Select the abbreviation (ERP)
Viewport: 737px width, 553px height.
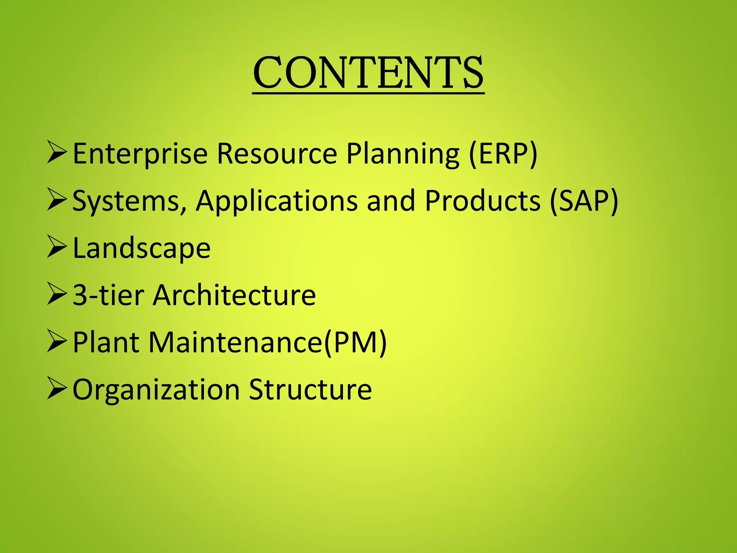(503, 154)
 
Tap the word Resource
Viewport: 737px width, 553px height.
(277, 154)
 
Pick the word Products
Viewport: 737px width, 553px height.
(482, 201)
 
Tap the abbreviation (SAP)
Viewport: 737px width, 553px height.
(584, 201)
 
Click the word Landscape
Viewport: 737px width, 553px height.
(141, 249)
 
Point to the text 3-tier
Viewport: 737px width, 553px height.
(108, 295)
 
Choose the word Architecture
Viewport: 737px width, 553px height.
(234, 295)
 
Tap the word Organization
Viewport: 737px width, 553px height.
(156, 390)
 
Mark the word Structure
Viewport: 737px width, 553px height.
(310, 390)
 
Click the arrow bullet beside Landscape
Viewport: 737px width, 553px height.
(57, 247)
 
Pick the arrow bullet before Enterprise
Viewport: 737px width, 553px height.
(57, 153)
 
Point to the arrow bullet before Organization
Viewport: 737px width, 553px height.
(57, 388)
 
